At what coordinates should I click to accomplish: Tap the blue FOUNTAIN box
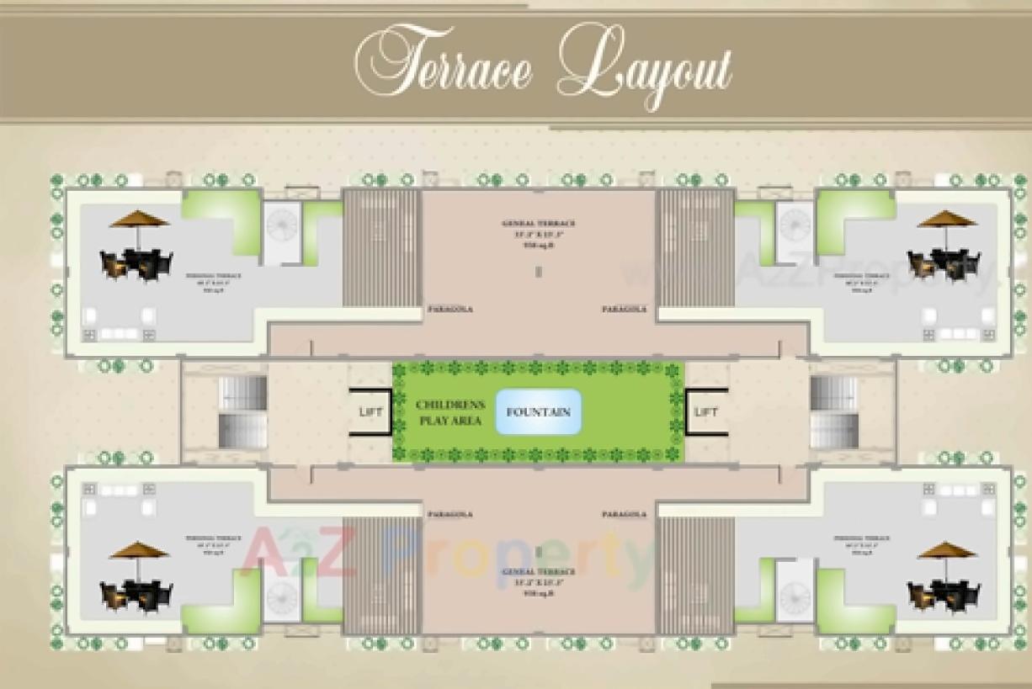point(538,412)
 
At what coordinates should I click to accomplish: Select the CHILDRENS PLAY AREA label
point(449,412)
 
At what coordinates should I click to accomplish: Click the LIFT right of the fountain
point(706,411)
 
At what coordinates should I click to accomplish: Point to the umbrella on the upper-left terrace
point(139,220)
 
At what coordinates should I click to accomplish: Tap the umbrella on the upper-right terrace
point(946,220)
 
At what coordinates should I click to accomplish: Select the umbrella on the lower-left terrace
point(139,550)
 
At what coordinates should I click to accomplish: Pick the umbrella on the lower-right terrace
point(946,550)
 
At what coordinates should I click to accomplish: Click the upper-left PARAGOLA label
point(450,310)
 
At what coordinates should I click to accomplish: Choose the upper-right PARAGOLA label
point(624,310)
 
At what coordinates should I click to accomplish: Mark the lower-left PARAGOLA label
point(450,514)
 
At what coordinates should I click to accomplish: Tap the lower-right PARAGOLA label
point(624,514)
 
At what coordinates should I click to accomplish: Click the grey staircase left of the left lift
point(242,411)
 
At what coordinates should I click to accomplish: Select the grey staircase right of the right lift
point(834,411)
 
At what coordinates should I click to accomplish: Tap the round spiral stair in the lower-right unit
point(794,596)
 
